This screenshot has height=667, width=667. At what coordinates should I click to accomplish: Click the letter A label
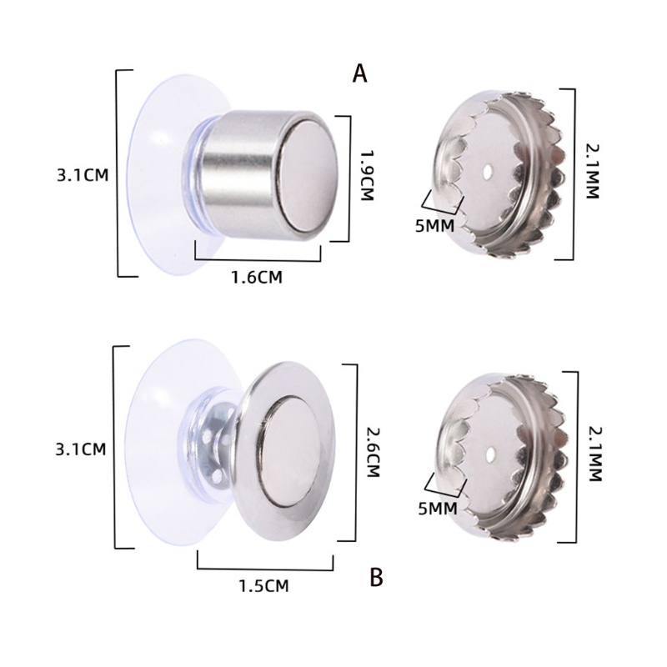click(360, 73)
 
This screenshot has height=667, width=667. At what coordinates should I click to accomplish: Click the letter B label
click(377, 577)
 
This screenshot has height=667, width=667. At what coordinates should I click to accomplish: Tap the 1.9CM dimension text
click(366, 175)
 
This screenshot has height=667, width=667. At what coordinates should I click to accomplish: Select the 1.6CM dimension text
click(256, 278)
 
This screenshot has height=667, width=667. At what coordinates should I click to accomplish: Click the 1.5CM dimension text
click(263, 586)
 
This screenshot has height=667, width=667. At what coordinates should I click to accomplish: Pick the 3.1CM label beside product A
click(83, 175)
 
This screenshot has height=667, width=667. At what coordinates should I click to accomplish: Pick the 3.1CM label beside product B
click(81, 449)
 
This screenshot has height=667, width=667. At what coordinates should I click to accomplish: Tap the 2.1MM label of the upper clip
click(592, 172)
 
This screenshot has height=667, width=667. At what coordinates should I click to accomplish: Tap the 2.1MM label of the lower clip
click(594, 454)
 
